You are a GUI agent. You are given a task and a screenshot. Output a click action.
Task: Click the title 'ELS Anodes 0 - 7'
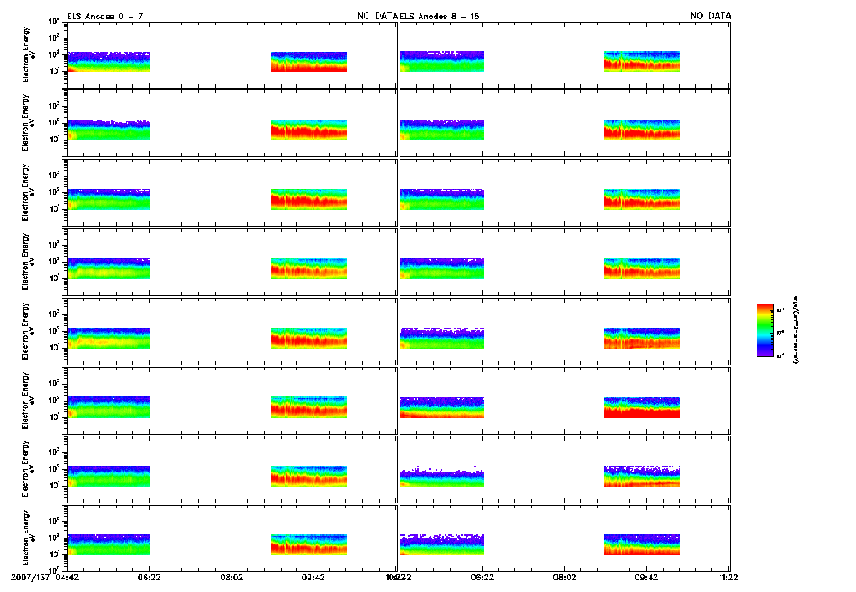98,16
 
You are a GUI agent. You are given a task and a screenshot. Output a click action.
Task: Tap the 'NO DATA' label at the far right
711,16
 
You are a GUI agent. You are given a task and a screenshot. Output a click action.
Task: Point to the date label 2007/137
28,577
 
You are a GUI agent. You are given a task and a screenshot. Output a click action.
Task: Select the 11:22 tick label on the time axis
728,577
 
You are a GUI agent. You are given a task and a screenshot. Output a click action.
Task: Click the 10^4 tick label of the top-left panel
53,21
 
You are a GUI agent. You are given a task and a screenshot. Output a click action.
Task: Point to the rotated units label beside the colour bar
796,330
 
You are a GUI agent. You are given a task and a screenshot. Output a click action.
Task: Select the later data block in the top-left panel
308,62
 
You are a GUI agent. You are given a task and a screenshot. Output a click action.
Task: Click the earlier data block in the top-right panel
442,61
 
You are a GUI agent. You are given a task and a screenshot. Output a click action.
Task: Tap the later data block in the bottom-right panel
642,544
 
